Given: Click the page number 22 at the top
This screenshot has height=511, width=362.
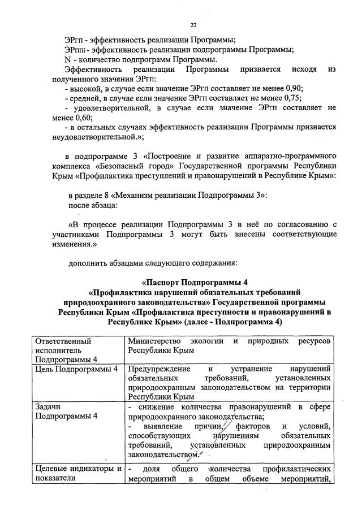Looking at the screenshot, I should point(193,25).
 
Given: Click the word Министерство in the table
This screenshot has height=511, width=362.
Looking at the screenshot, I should point(154,341).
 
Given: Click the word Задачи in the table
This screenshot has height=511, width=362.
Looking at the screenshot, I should point(48,407).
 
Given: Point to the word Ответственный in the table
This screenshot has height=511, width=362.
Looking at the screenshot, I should point(63,341).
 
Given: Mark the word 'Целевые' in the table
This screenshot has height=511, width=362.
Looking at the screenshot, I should point(53,470).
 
